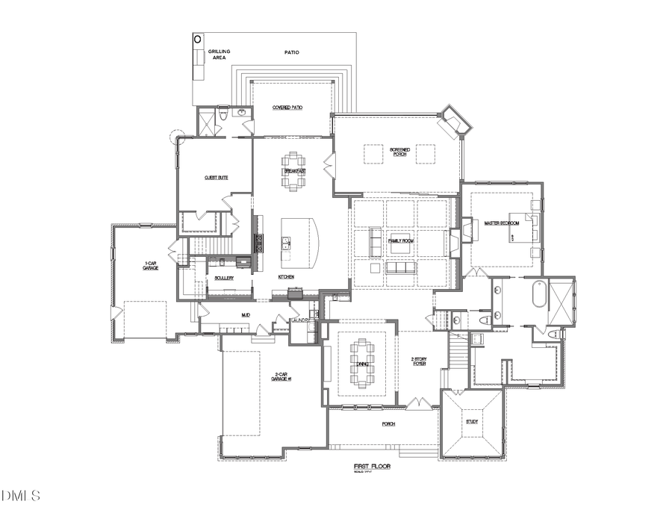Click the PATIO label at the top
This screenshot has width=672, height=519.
click(x=291, y=52)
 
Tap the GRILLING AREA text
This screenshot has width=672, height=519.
click(x=220, y=54)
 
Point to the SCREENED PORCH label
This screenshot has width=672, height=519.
click(x=400, y=152)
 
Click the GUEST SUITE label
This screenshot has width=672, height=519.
click(x=216, y=177)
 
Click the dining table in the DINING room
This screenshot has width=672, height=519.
click(x=362, y=364)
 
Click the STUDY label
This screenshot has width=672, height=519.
click(x=472, y=422)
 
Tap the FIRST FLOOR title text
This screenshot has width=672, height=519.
click(x=372, y=467)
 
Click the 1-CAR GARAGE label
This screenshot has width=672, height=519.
click(x=151, y=265)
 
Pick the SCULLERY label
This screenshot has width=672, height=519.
click(x=224, y=278)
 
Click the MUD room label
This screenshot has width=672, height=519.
click(x=245, y=315)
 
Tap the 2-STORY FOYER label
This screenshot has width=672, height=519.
click(x=417, y=361)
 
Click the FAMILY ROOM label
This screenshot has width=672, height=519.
click(x=401, y=240)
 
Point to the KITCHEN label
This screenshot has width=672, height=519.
click(x=287, y=277)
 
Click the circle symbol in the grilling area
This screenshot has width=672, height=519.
click(x=198, y=38)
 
